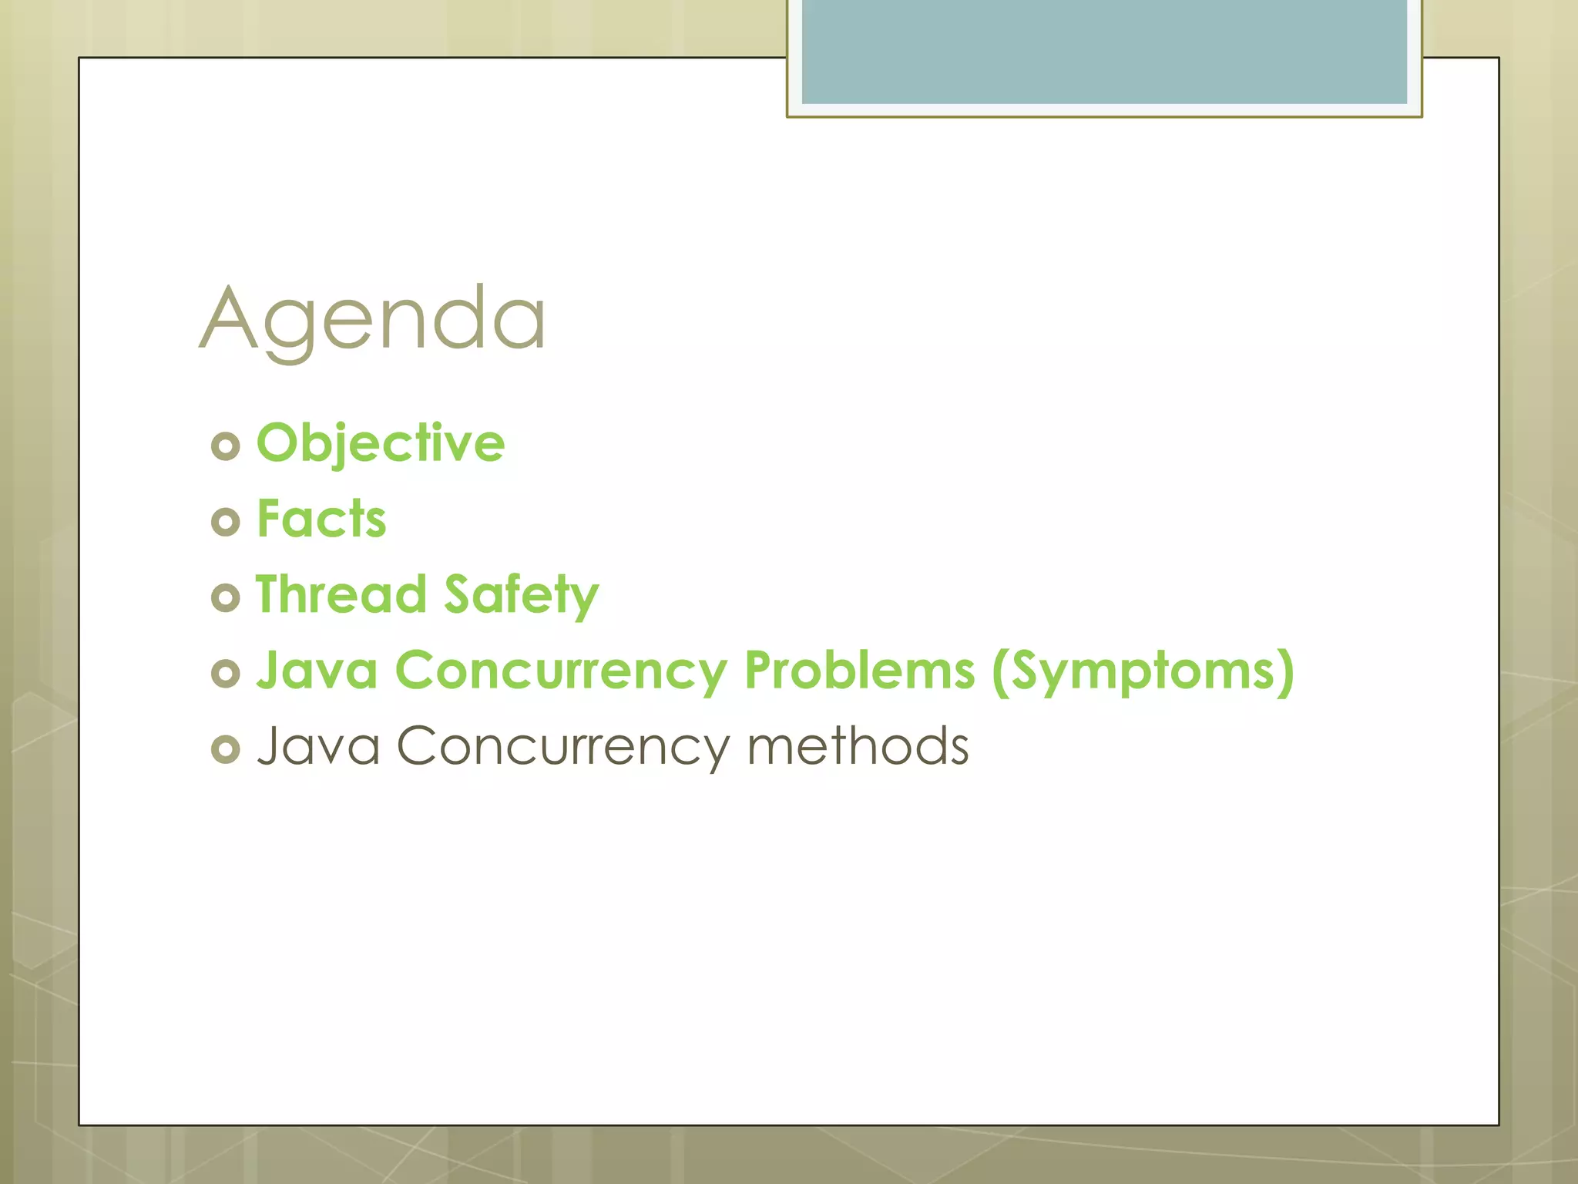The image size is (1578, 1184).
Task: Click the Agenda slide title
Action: [x=373, y=318]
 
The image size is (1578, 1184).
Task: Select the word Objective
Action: [x=381, y=443]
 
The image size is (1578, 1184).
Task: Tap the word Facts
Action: [x=321, y=519]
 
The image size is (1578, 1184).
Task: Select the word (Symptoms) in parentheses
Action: [x=1143, y=671]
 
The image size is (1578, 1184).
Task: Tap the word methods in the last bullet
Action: [x=858, y=745]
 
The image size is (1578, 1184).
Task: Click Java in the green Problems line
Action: [x=317, y=670]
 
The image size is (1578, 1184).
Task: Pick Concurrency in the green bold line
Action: [x=561, y=671]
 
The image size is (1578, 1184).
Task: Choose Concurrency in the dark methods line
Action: [x=562, y=747]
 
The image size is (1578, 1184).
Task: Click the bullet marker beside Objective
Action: [x=226, y=446]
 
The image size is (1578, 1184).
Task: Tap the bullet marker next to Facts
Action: [x=226, y=522]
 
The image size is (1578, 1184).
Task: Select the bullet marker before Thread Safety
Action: [x=226, y=597]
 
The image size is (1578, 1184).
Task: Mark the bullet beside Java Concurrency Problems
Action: [x=226, y=673]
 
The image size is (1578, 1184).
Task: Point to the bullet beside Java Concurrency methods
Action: [x=226, y=748]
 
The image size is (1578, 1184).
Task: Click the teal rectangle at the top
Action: [x=1103, y=51]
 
